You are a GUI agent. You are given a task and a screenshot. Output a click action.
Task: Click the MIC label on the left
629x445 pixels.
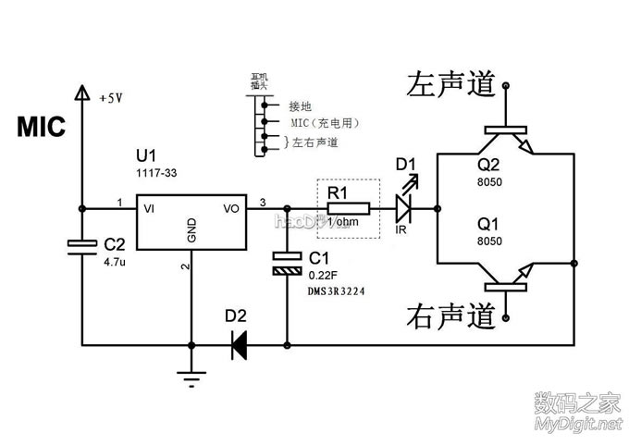pyautogui.click(x=42, y=128)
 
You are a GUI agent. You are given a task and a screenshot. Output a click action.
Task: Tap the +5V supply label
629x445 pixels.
pyautogui.click(x=110, y=95)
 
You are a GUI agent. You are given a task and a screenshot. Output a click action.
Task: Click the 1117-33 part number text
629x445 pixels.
pyautogui.click(x=154, y=172)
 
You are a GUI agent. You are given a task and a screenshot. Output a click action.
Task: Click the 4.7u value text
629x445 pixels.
pyautogui.click(x=116, y=262)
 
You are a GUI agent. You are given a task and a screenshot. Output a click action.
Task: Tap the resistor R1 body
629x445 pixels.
pyautogui.click(x=348, y=208)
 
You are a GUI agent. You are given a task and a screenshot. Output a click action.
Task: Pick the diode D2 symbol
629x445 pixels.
pyautogui.click(x=239, y=346)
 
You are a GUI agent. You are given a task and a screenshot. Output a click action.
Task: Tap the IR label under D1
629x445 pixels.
pyautogui.click(x=402, y=228)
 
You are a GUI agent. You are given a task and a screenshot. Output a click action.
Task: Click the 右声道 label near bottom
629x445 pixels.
pyautogui.click(x=445, y=316)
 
